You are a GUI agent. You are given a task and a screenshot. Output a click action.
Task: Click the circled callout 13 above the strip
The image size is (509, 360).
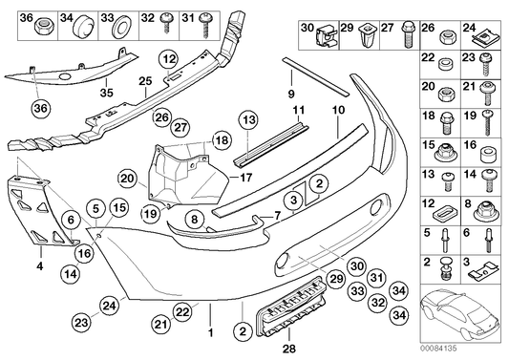[x=249, y=119]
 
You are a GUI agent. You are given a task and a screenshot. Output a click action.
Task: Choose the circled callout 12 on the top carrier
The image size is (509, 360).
[x=168, y=60]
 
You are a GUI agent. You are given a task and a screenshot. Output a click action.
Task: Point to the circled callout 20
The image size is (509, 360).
[x=128, y=178]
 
